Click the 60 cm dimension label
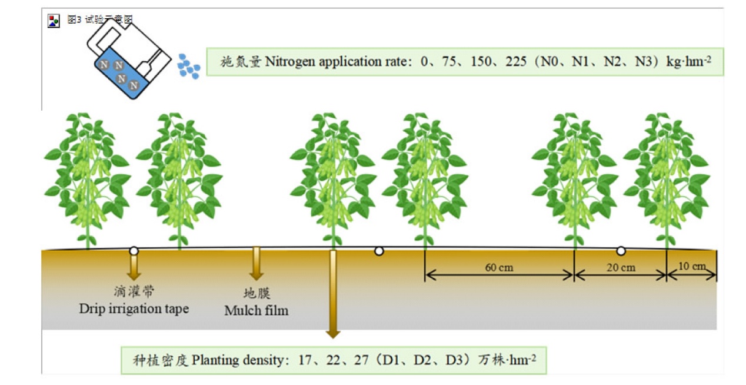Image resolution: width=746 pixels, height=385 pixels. [x=499, y=268]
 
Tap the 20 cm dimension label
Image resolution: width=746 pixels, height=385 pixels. [x=621, y=268]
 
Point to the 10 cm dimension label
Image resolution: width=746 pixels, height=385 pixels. [x=691, y=266]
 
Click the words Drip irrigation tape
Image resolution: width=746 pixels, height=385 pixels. [x=134, y=308]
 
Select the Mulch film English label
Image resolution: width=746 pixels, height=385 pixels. [x=257, y=310]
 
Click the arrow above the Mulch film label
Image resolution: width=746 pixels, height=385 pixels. [x=257, y=263]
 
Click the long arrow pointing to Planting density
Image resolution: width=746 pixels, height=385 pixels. [x=333, y=294]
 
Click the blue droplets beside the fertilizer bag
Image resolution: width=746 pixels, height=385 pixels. [x=189, y=66]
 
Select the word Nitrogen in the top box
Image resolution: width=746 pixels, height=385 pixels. [x=291, y=62]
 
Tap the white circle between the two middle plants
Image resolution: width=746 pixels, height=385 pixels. [x=379, y=251]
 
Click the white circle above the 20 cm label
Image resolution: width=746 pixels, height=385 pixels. [x=621, y=251]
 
